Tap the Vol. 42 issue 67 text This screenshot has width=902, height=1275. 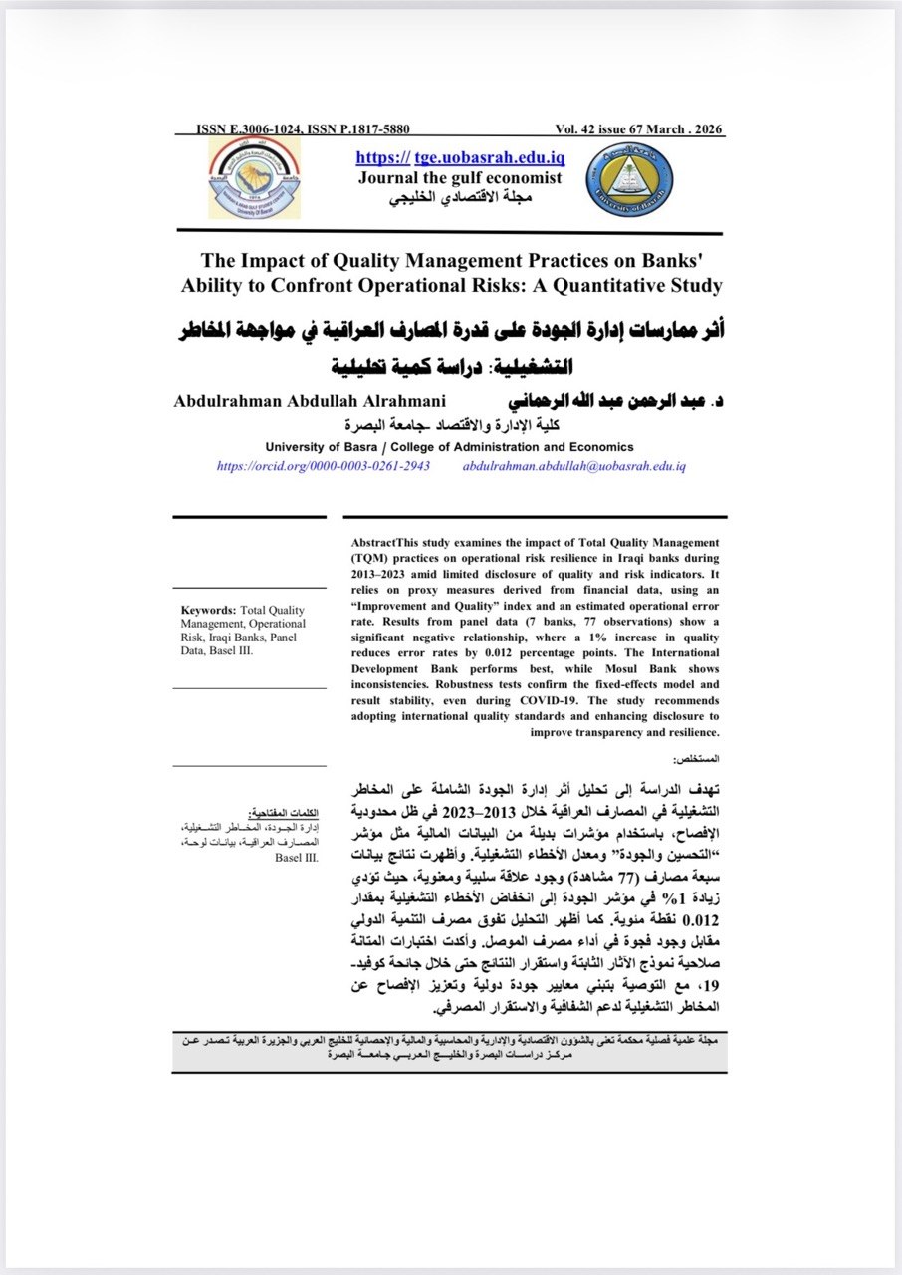[x=601, y=130]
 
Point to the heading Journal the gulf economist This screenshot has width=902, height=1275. [x=460, y=178]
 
